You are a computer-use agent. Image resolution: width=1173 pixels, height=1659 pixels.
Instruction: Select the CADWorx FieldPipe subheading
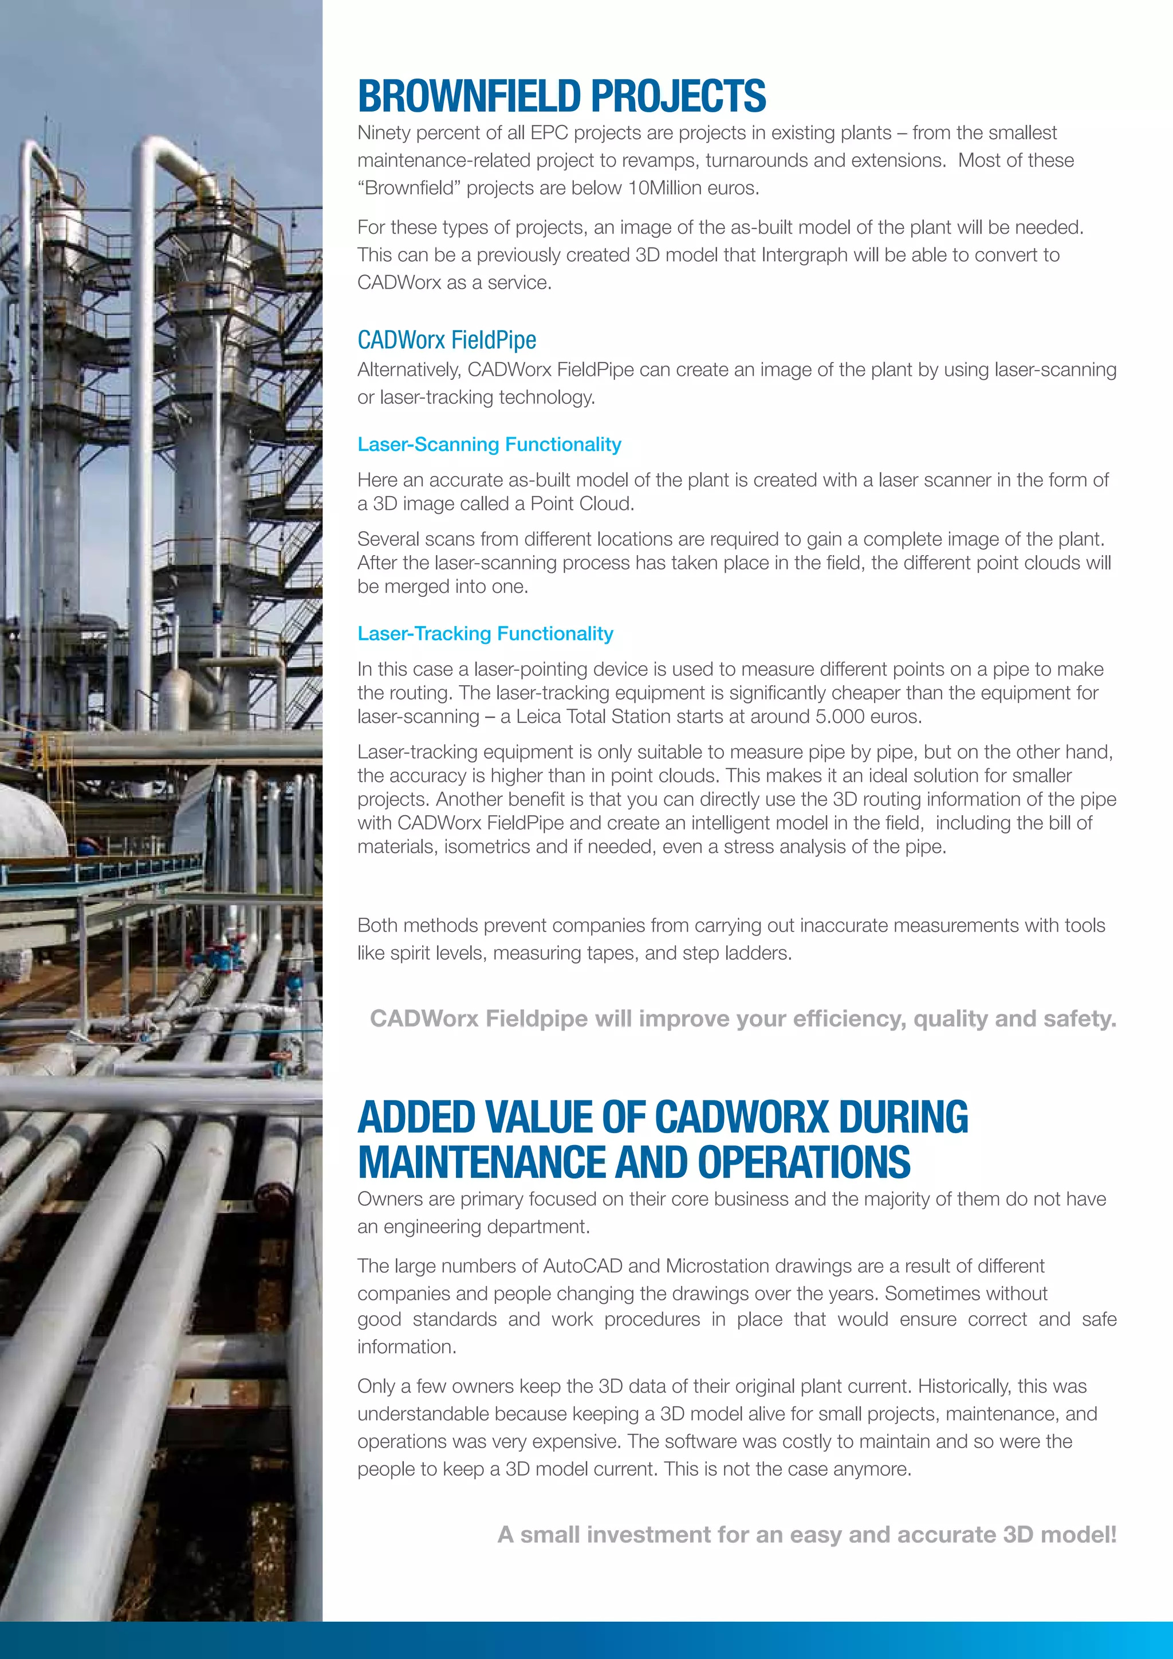pos(446,340)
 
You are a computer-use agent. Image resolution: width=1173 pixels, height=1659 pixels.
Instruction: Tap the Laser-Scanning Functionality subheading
pos(489,445)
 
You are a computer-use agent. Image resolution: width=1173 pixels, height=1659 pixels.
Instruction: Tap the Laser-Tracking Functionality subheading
pos(485,634)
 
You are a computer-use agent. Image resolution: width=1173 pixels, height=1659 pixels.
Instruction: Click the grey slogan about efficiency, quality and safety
pos(742,1019)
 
